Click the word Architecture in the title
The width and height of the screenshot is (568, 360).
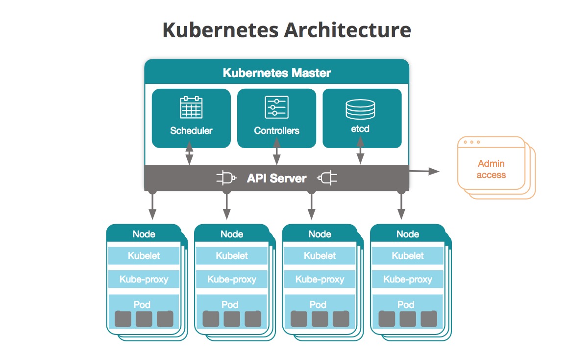347,30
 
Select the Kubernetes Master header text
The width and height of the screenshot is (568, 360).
277,73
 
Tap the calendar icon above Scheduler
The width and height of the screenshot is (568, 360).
191,107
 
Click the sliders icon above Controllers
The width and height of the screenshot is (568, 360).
276,107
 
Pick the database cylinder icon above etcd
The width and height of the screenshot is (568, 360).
360,109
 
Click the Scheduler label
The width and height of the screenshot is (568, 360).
191,130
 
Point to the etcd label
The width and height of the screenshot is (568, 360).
360,129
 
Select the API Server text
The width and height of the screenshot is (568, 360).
276,178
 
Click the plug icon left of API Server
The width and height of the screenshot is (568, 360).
226,178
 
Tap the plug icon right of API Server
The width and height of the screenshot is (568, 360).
327,178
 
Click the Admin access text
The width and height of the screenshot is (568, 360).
491,169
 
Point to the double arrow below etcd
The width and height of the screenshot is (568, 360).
360,151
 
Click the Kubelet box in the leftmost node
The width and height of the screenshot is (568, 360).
144,256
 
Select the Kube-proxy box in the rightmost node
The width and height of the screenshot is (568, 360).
408,280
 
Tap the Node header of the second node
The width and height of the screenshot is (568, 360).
231,234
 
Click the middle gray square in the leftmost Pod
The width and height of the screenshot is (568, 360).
144,319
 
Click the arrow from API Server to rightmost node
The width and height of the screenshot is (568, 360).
401,205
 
